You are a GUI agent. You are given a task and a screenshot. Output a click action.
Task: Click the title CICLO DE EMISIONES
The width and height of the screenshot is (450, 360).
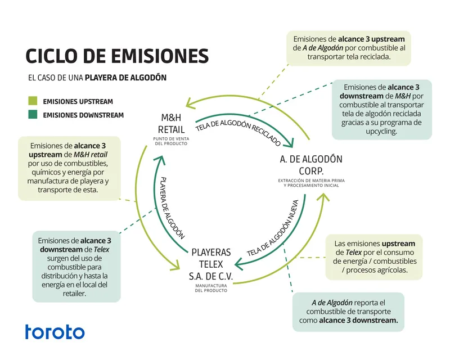point(117,56)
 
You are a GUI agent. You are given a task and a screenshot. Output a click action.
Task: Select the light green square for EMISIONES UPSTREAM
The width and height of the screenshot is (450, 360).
point(33,102)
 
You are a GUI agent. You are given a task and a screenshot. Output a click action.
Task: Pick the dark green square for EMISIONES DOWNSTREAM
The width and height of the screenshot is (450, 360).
point(33,115)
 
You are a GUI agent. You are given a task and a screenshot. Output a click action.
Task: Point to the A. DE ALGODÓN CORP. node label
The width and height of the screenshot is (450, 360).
point(311,165)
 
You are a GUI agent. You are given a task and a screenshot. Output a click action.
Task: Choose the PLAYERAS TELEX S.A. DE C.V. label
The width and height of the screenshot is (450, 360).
point(211,264)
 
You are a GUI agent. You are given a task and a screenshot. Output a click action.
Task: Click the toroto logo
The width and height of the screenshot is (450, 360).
point(55,332)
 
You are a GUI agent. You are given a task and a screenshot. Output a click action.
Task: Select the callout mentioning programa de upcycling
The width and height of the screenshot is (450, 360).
point(382,109)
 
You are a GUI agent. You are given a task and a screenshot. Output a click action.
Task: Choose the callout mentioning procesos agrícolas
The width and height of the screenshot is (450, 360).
point(375,257)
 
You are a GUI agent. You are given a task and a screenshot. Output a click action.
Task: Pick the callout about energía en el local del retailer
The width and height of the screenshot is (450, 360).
point(76,265)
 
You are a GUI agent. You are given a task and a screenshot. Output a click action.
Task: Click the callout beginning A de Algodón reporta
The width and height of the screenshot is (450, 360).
point(356,311)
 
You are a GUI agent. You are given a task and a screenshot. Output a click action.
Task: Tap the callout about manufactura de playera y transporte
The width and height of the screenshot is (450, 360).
point(69,168)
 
